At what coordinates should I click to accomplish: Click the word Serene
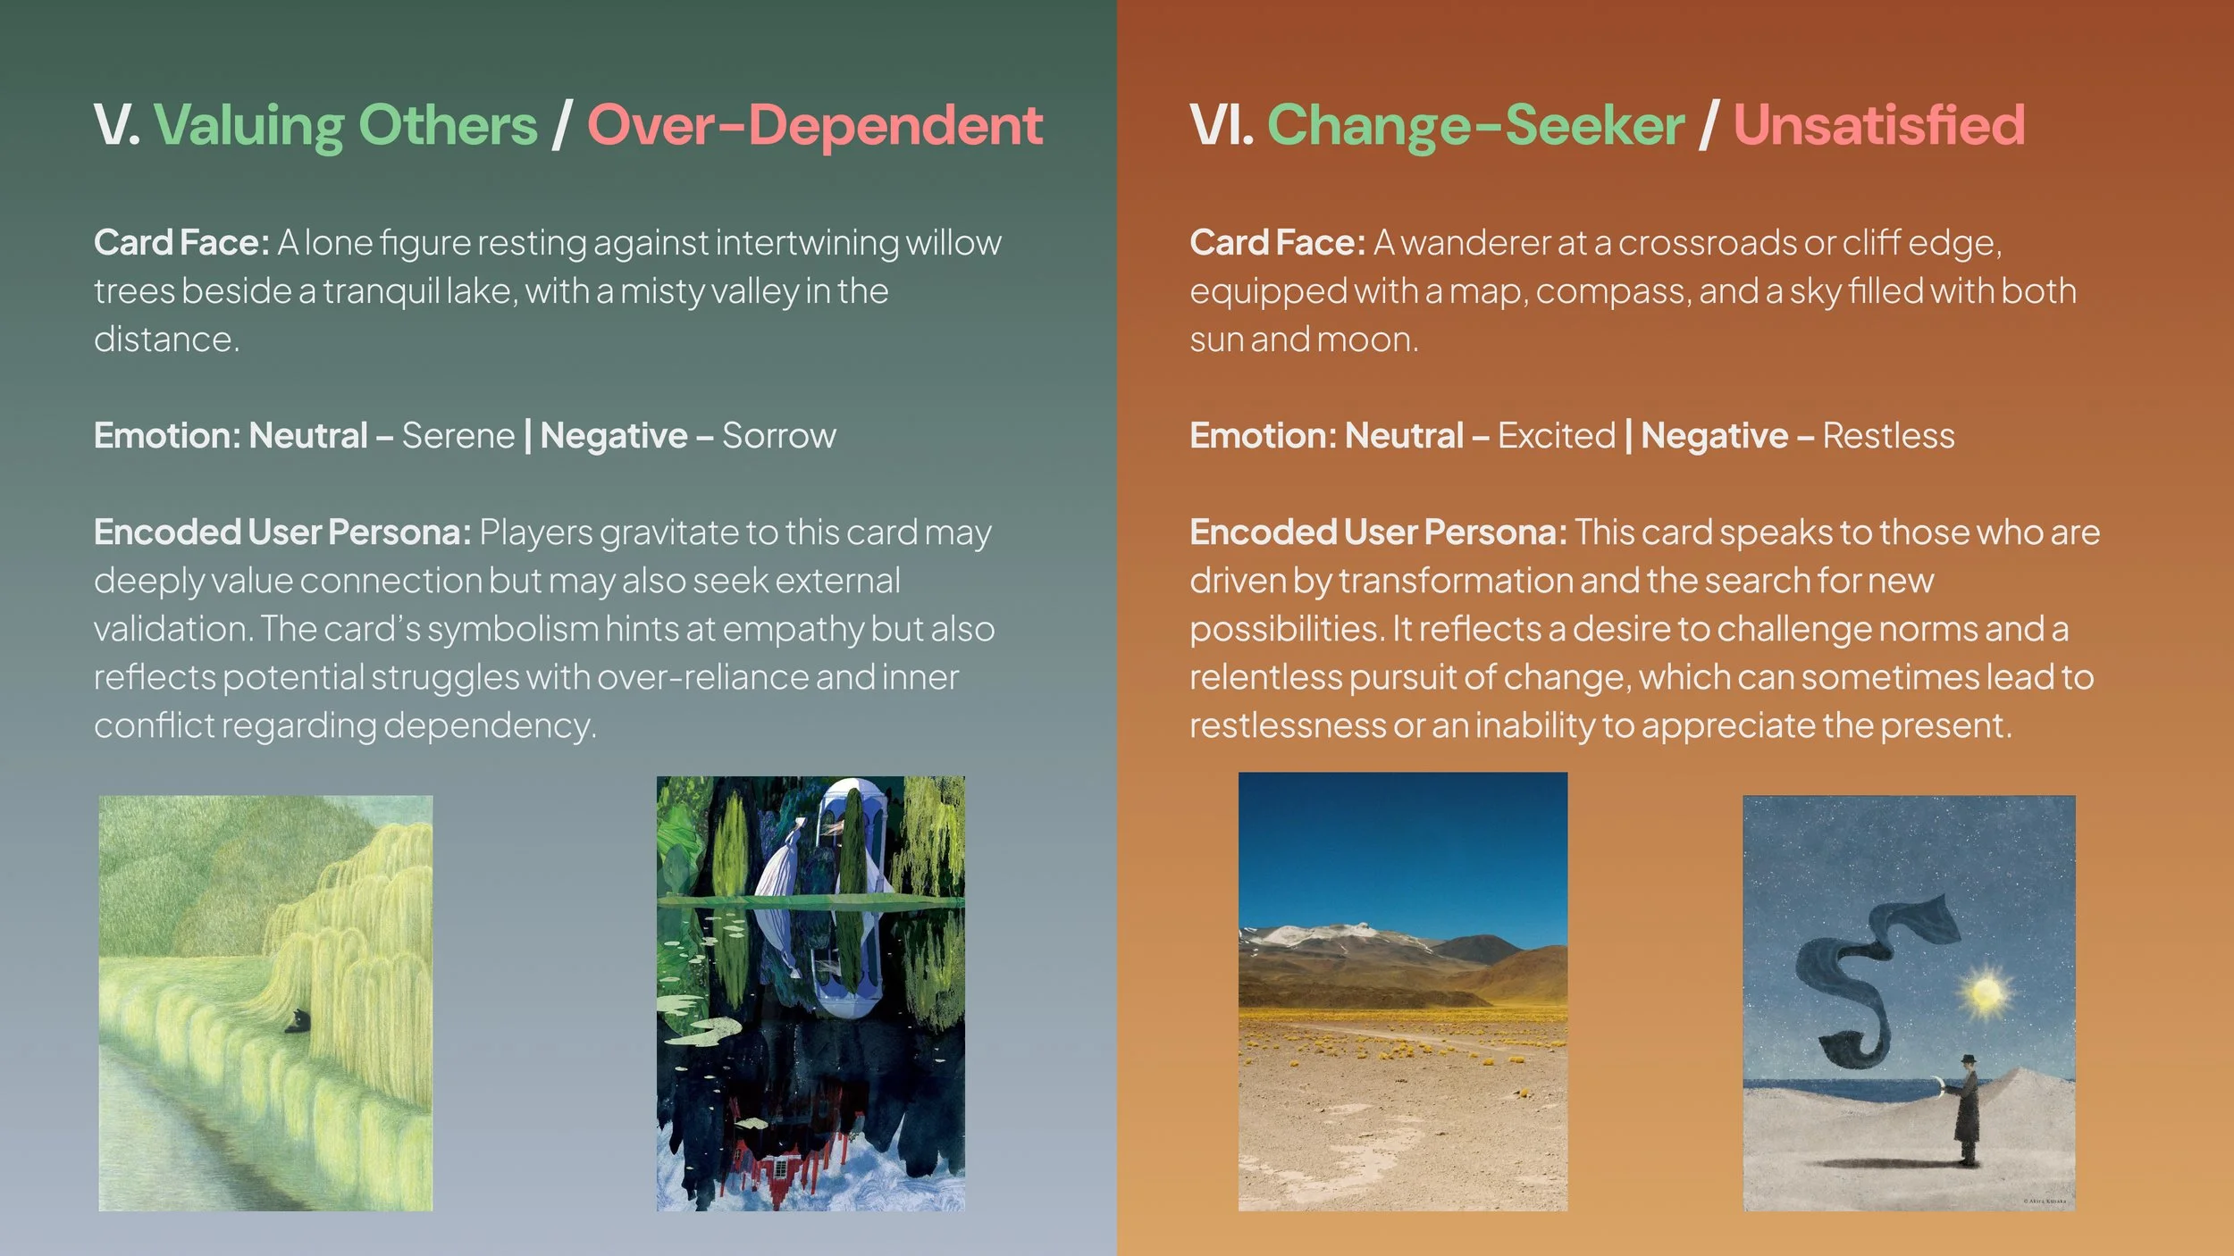[x=458, y=436]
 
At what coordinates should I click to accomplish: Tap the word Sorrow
[x=778, y=436]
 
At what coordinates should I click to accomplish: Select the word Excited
[x=1556, y=436]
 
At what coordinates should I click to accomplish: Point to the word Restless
[x=1887, y=436]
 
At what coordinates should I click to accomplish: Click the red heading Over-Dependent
[x=814, y=125]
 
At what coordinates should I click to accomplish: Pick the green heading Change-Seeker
[x=1475, y=125]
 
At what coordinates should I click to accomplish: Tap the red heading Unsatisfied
[x=1878, y=125]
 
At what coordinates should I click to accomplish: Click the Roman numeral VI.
[x=1221, y=125]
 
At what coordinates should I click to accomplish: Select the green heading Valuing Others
[x=346, y=125]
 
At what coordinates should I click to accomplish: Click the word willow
[x=953, y=243]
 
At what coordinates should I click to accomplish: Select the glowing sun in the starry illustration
[x=1985, y=993]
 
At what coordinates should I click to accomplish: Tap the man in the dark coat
[x=1966, y=1112]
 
